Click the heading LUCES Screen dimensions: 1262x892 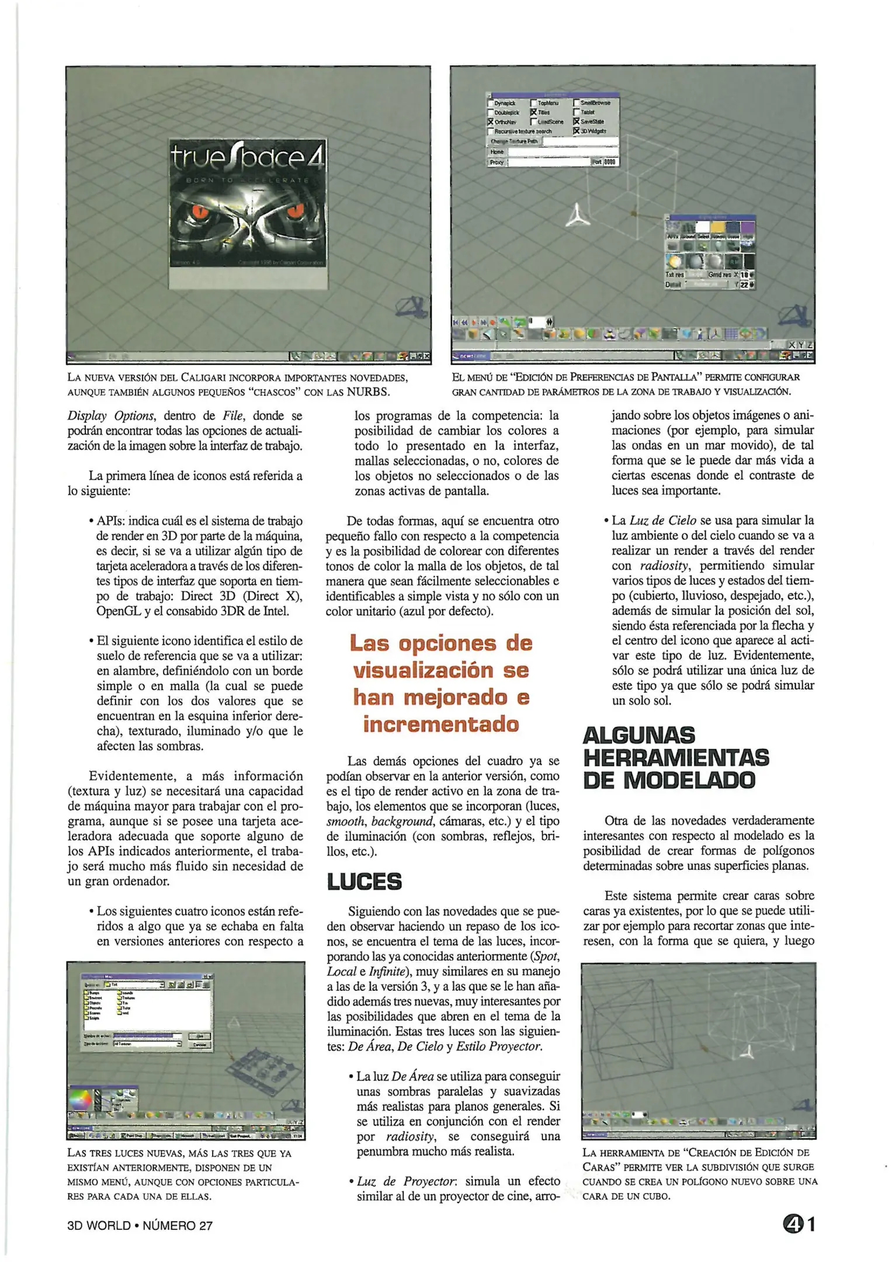tap(365, 882)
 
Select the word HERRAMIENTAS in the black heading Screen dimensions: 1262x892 tap(676, 758)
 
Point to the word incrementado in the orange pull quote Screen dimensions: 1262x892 tap(441, 724)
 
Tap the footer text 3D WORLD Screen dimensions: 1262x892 tap(99, 1225)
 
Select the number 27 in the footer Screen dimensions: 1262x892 tap(206, 1225)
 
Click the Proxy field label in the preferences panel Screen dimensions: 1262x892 tap(497, 162)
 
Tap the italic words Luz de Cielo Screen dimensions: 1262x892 tap(663, 521)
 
